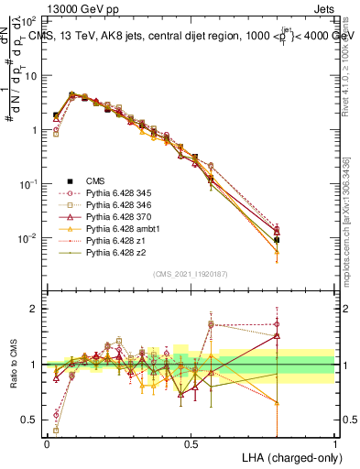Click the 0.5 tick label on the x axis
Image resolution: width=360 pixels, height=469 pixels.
(x=191, y=443)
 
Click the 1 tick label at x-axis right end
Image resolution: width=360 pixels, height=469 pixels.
(x=335, y=443)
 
